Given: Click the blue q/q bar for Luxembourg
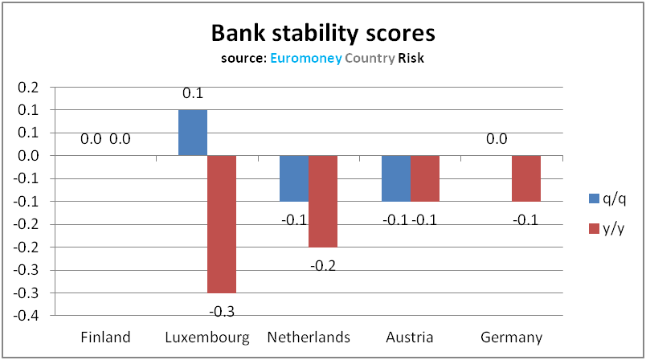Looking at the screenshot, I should coord(193,133).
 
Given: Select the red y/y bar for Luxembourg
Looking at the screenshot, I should coord(222,224).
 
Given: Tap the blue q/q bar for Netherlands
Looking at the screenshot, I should coord(293,178).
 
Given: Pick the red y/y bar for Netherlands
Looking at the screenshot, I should coord(322,201).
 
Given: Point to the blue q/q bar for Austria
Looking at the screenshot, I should coord(396,178).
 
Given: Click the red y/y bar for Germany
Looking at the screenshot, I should coord(526,178).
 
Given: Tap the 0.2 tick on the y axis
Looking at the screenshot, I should coord(39,87).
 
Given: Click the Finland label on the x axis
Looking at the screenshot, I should coord(106,337).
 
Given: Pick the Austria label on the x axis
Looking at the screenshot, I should coord(410,337).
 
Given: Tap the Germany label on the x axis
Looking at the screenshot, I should coord(511,337).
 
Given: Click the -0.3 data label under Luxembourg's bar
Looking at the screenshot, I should coord(222,311).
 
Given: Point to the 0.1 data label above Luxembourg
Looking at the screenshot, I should coord(193,94).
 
